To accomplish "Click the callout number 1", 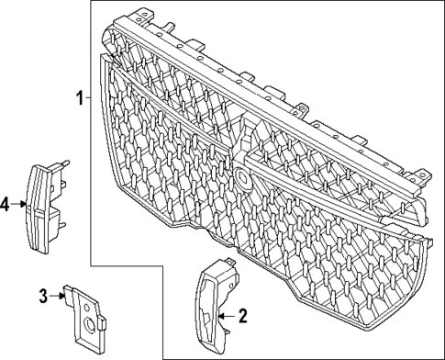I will (79, 97).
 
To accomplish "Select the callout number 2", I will (243, 317).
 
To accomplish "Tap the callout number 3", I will (43, 295).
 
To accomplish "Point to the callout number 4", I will (6, 204).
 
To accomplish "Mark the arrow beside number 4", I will (23, 204).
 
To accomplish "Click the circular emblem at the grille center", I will (240, 176).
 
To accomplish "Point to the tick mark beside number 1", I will (88, 97).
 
